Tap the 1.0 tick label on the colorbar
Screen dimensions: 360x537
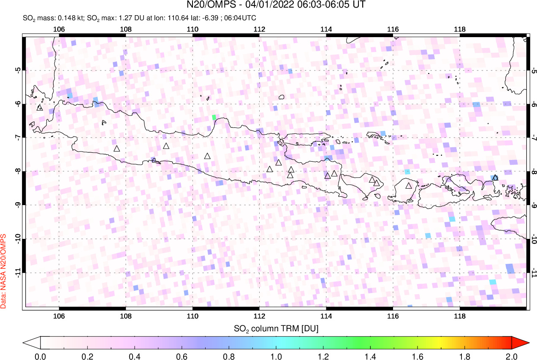(x=276, y=356)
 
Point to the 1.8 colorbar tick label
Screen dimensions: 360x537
(x=464, y=356)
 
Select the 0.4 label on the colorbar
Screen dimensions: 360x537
(x=135, y=356)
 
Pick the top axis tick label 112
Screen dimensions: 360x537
(x=259, y=30)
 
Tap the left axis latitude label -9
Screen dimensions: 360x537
(x=18, y=205)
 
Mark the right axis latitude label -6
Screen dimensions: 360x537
(x=534, y=104)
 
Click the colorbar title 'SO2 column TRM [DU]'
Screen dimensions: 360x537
(x=276, y=328)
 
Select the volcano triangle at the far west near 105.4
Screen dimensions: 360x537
(x=40, y=108)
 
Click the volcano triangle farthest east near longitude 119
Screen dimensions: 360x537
(x=495, y=178)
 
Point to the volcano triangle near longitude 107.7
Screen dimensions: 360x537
(x=117, y=149)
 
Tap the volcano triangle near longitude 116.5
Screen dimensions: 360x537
(x=409, y=186)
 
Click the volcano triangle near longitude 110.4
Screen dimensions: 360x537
(x=207, y=156)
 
